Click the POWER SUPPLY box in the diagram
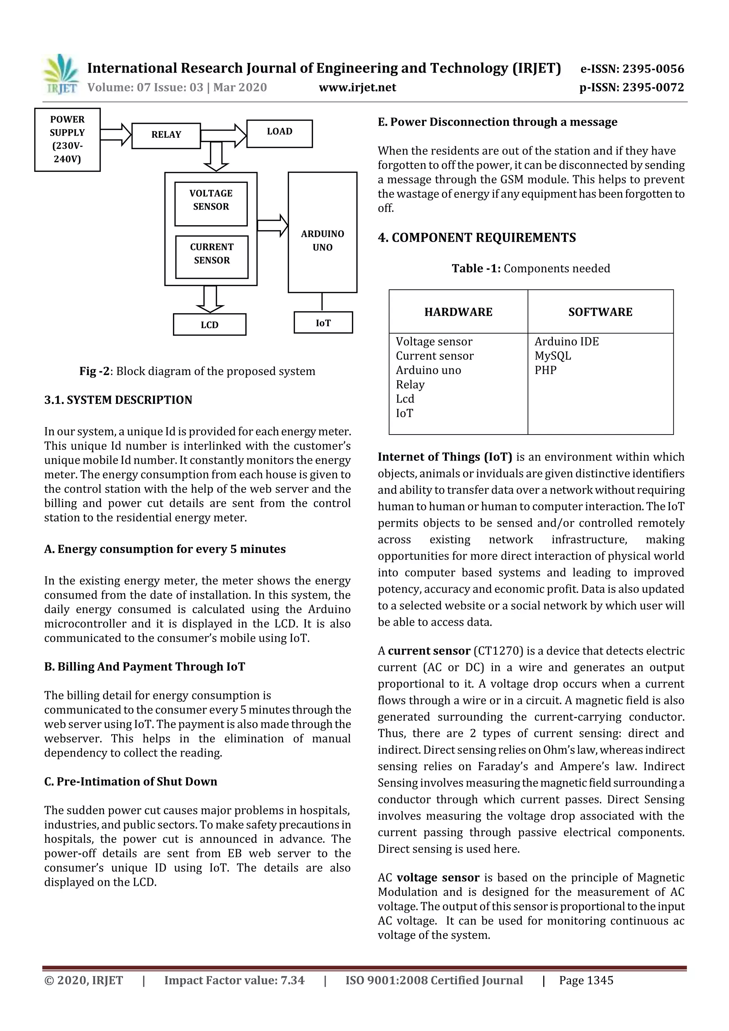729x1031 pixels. (x=67, y=139)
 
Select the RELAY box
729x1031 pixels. (x=166, y=135)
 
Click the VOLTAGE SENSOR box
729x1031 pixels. (x=211, y=204)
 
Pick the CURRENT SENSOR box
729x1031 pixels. (x=211, y=257)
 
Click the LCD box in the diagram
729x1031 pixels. (x=209, y=325)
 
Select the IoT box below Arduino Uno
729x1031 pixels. (x=323, y=322)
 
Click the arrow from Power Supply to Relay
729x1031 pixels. (x=115, y=134)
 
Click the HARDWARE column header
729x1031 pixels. (x=458, y=312)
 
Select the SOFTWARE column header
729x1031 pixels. (x=600, y=312)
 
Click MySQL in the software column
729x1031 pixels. (x=552, y=356)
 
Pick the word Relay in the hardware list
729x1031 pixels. (x=410, y=384)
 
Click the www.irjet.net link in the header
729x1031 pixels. (x=357, y=87)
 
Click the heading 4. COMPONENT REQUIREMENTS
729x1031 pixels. (x=477, y=237)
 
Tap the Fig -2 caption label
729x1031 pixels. (x=94, y=371)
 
